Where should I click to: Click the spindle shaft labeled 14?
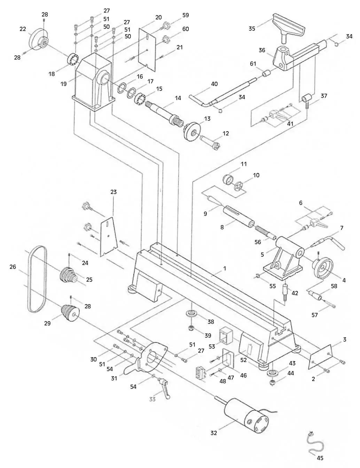(163, 111)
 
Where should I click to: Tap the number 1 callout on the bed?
(225, 268)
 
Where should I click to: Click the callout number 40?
(214, 84)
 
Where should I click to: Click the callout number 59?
(186, 15)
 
